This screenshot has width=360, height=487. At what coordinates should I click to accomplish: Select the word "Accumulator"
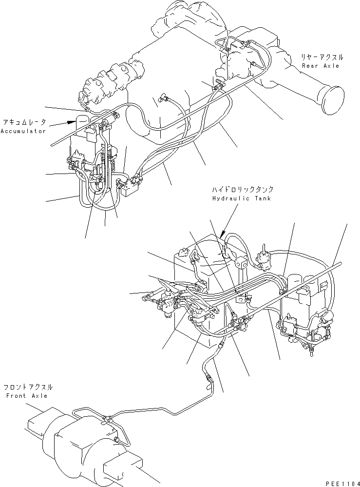pyautogui.click(x=23, y=131)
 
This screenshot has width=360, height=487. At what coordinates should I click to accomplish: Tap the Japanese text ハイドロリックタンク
pyautogui.click(x=242, y=190)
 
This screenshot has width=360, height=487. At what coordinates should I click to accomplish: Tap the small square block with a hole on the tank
pyautogui.click(x=241, y=263)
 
